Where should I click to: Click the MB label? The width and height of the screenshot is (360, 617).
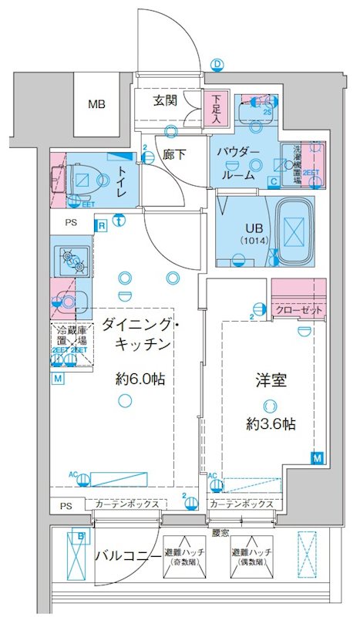coord(96,105)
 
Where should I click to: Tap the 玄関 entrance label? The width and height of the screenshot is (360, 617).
coord(164,100)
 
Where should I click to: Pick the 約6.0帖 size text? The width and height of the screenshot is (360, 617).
coord(139,379)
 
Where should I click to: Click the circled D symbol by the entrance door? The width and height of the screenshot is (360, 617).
coord(217,64)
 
